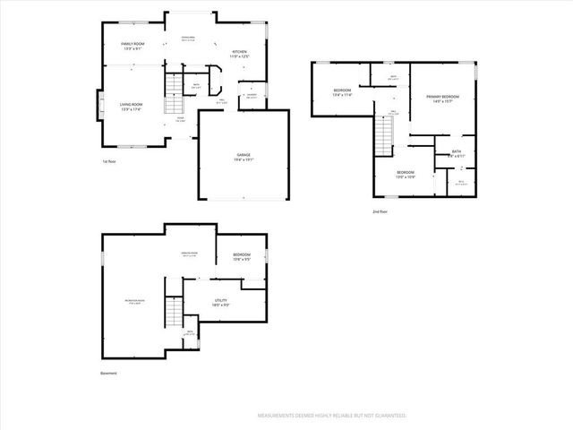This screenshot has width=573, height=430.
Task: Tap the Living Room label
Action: point(132,107)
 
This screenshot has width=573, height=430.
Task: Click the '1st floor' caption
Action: point(110,161)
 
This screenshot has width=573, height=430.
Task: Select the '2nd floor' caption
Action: point(381,211)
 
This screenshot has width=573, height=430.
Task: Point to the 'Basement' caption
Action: point(108,373)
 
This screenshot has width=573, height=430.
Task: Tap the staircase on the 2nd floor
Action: point(385,135)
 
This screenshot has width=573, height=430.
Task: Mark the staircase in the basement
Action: point(172,314)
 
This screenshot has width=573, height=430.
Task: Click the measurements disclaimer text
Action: point(332,416)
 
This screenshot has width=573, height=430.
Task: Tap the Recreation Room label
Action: point(134,301)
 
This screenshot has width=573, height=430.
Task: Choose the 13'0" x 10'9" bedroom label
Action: point(406,174)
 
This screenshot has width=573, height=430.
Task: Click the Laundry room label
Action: point(252,93)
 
